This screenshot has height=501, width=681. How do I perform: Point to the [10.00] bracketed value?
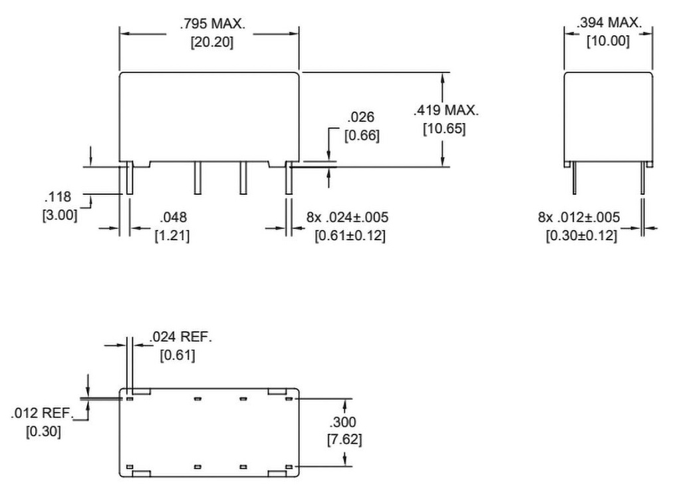pos(607,41)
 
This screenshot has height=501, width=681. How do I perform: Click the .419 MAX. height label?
pos(445,110)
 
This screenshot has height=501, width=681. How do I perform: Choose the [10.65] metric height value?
pos(444,128)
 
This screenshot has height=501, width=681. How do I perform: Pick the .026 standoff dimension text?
pos(361,118)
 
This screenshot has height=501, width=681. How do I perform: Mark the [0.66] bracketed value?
pos(361,136)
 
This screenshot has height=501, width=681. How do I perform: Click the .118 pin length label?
pos(58,197)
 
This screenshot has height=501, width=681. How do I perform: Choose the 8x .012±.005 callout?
pos(579,217)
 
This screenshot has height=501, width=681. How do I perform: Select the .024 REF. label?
pos(181,337)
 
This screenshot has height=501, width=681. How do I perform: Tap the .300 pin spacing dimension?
pos(344,422)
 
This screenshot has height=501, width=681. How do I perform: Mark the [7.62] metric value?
pos(344,439)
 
